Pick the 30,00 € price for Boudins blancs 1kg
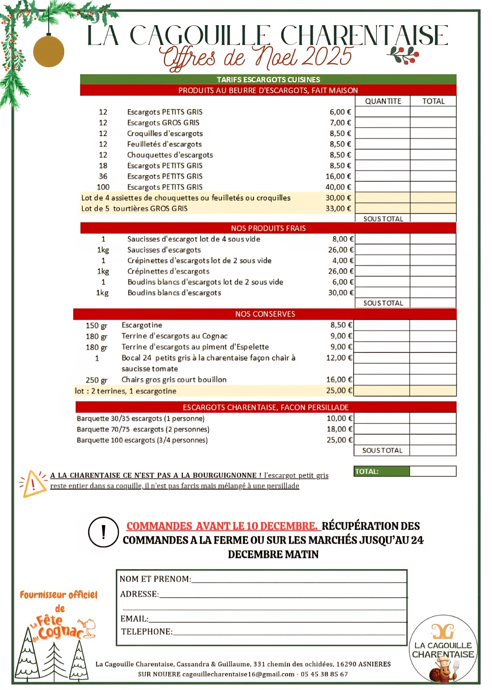pyautogui.click(x=340, y=293)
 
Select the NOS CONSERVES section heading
pyautogui.click(x=265, y=314)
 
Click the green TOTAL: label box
pyautogui.click(x=381, y=472)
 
